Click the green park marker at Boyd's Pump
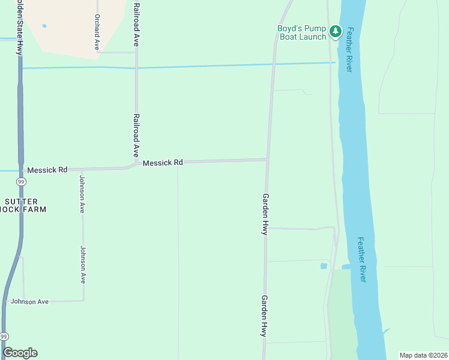pos(335,31)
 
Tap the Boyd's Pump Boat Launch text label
pos(302,32)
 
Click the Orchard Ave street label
pos(96,32)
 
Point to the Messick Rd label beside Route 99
pos(47,170)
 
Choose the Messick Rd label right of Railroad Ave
pos(163,163)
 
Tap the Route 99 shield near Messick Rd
pos(21,182)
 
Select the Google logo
pos(20,353)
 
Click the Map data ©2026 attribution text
pos(423,355)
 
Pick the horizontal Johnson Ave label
pos(29,301)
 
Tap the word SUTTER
pos(21,202)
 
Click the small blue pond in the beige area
pos(44,26)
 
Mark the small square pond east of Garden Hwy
pos(324,266)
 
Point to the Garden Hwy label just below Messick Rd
pos(265,214)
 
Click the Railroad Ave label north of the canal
pos(136,24)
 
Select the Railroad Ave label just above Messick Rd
pos(136,135)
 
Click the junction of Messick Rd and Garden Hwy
pos(267,160)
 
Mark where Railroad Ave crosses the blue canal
pos(136,67)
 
